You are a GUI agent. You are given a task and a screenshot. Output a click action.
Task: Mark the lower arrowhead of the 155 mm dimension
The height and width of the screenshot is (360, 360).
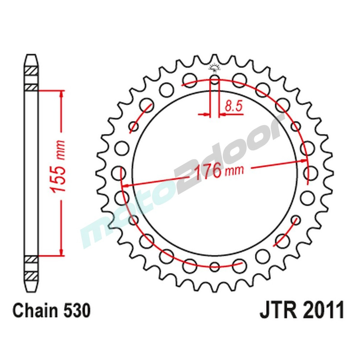point(61,252)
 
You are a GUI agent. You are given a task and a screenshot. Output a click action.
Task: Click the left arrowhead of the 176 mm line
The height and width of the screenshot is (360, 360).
point(126,186)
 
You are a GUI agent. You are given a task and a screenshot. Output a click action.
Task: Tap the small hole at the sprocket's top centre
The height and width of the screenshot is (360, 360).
point(215,80)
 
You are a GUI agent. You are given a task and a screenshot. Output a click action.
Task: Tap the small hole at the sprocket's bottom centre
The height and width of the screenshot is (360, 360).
point(215,267)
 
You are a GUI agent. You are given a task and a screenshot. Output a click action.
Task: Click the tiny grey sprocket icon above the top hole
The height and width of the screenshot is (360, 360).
point(215,67)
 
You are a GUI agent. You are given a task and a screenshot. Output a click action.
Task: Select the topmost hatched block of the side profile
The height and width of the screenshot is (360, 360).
point(31,71)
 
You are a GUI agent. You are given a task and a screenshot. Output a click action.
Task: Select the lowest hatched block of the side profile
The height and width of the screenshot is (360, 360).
point(31,276)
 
